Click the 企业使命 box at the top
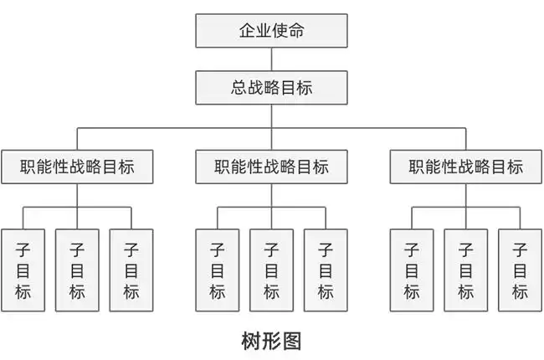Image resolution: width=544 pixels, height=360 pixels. (271, 32)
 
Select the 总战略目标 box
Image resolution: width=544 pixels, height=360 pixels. (271, 87)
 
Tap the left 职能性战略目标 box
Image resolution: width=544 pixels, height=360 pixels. (78, 167)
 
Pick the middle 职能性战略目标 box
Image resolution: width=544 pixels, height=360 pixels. (271, 167)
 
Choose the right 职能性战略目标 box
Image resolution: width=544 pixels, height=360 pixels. (465, 167)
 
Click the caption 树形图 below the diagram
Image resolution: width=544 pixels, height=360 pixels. (271, 341)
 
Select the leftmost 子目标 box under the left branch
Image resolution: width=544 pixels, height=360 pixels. (23, 270)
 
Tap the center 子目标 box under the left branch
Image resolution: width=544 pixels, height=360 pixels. (77, 270)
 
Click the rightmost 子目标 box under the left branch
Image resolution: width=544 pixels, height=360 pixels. (131, 270)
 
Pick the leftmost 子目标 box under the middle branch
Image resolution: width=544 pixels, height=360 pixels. (217, 270)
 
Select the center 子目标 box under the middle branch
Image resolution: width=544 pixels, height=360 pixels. (271, 270)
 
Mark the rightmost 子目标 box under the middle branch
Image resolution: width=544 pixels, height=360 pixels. (326, 270)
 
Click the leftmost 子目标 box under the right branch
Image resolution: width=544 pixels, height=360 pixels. (412, 270)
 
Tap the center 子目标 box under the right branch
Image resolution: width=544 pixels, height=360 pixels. (465, 270)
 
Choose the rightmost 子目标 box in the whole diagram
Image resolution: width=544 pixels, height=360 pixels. (520, 270)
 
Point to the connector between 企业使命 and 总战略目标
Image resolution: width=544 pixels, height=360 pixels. (271, 59)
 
